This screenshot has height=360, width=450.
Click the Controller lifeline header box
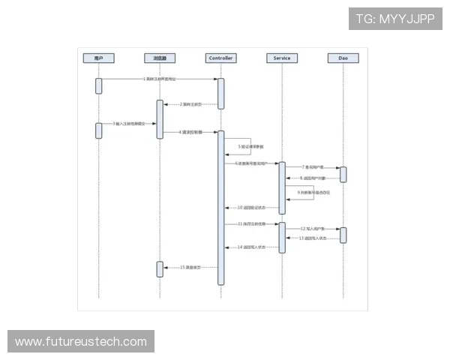pos(220,58)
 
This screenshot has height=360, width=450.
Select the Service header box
pos(282,58)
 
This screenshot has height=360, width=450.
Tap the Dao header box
pos(343,58)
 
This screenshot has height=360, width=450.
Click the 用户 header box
pos(98,58)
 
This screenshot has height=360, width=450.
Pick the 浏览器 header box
pos(160,58)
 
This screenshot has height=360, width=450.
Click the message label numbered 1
pos(160,79)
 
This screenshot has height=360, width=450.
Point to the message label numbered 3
pos(128,123)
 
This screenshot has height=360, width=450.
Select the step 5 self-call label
pos(250,146)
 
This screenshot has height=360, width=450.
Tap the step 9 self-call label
pos(313,193)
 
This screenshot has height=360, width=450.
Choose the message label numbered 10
pos(251,208)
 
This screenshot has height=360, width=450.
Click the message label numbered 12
pos(313,228)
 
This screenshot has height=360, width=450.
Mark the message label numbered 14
pos(251,247)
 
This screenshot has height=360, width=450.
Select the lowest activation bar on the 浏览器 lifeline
pos(160,269)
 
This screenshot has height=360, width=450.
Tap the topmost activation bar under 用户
pos(98,85)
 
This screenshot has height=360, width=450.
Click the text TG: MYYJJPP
pos(395,19)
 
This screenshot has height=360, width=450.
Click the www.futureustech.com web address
pos(81,342)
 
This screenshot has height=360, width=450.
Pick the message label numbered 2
pos(190,104)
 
